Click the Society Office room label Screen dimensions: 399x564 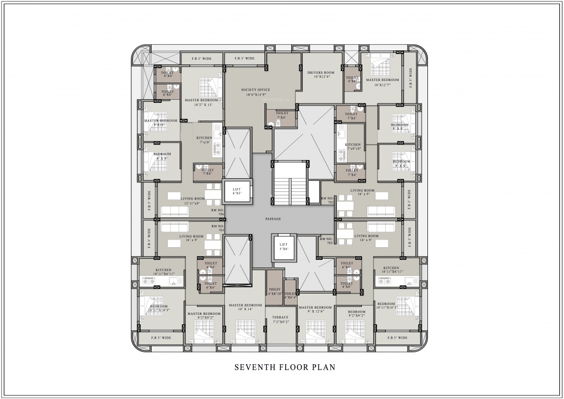click(x=256, y=92)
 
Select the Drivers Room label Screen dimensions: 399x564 click(x=320, y=74)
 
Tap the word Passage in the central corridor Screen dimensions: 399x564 click(x=273, y=219)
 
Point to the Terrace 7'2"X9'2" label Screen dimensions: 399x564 click(x=280, y=320)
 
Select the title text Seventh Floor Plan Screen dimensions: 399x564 click(x=285, y=367)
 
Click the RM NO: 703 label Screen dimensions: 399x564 click(x=326, y=241)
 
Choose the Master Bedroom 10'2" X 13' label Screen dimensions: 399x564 click(x=202, y=102)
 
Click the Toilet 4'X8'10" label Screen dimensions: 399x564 click(x=275, y=291)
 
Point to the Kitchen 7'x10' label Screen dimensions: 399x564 click(x=204, y=140)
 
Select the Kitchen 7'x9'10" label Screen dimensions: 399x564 click(x=353, y=147)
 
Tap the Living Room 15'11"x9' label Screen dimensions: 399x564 click(x=193, y=201)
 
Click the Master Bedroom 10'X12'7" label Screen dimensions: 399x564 click(x=382, y=82)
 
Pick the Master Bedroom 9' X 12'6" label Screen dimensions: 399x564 click(x=315, y=310)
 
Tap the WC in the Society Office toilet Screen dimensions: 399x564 click(x=270, y=123)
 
